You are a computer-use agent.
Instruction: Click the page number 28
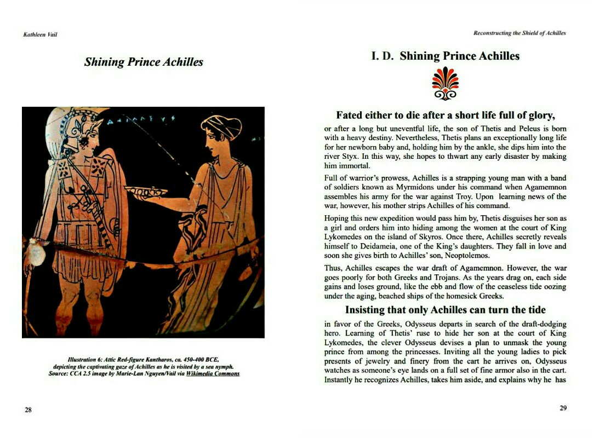[x=28, y=410]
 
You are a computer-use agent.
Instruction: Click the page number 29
[x=563, y=408]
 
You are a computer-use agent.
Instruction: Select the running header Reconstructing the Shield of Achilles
[x=519, y=33]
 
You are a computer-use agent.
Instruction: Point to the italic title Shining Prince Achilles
[x=144, y=62]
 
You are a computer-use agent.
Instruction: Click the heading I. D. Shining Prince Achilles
[x=445, y=56]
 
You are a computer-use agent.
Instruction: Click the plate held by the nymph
[x=146, y=191]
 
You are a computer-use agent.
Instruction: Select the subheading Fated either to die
[x=445, y=116]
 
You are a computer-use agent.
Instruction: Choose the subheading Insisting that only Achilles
[x=445, y=310]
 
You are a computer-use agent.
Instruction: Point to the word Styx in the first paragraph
[x=349, y=157]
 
